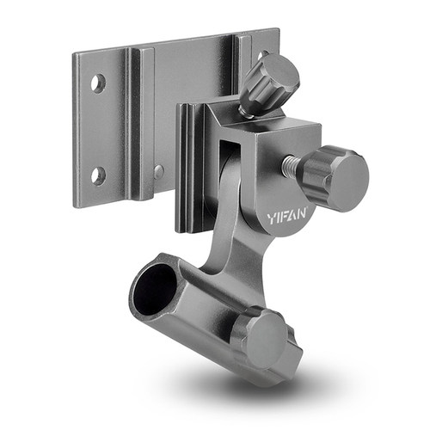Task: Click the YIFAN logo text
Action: pos(287,216)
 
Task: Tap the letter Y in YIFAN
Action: pos(272,218)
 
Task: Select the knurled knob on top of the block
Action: pos(270,83)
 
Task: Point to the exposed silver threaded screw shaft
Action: pos(291,165)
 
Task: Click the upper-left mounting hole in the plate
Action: pos(98,83)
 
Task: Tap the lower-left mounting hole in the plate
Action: pos(98,175)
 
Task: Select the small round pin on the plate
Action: pos(158,172)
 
